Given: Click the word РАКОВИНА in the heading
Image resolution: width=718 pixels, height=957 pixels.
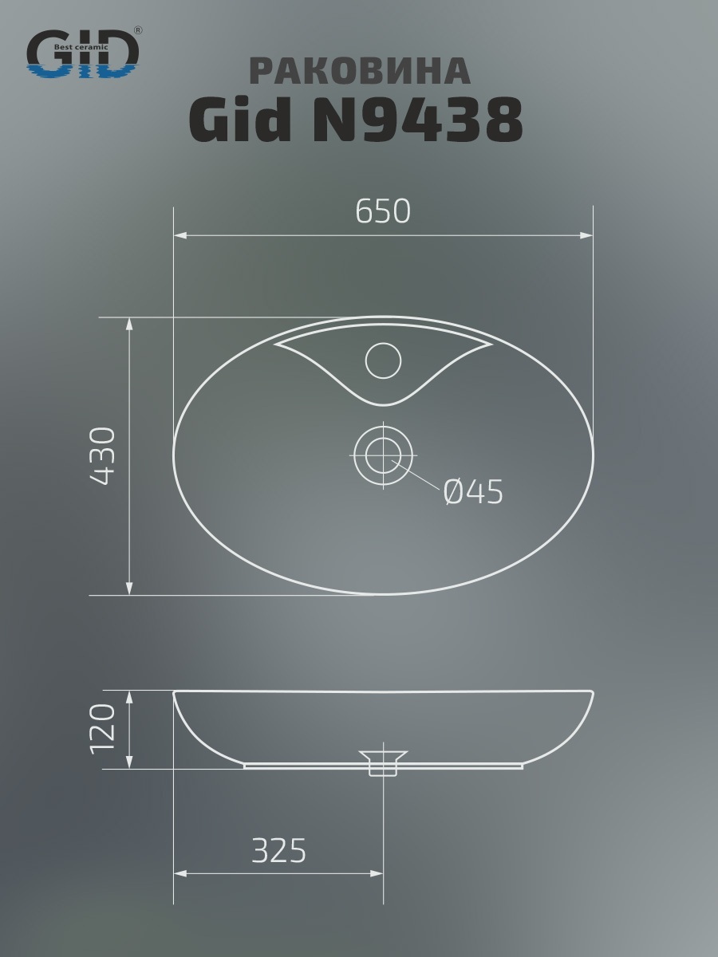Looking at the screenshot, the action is pos(360,71).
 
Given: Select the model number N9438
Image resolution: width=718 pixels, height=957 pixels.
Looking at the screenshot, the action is pos(417,120).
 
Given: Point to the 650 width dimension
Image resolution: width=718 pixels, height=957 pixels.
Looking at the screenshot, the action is pos(383,211).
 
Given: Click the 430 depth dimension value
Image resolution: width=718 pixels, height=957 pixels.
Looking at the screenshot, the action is pos(103,456).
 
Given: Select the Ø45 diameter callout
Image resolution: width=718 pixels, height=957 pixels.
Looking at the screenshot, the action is pos(473,492).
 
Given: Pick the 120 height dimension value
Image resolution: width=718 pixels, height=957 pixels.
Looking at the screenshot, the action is pos(103,729).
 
